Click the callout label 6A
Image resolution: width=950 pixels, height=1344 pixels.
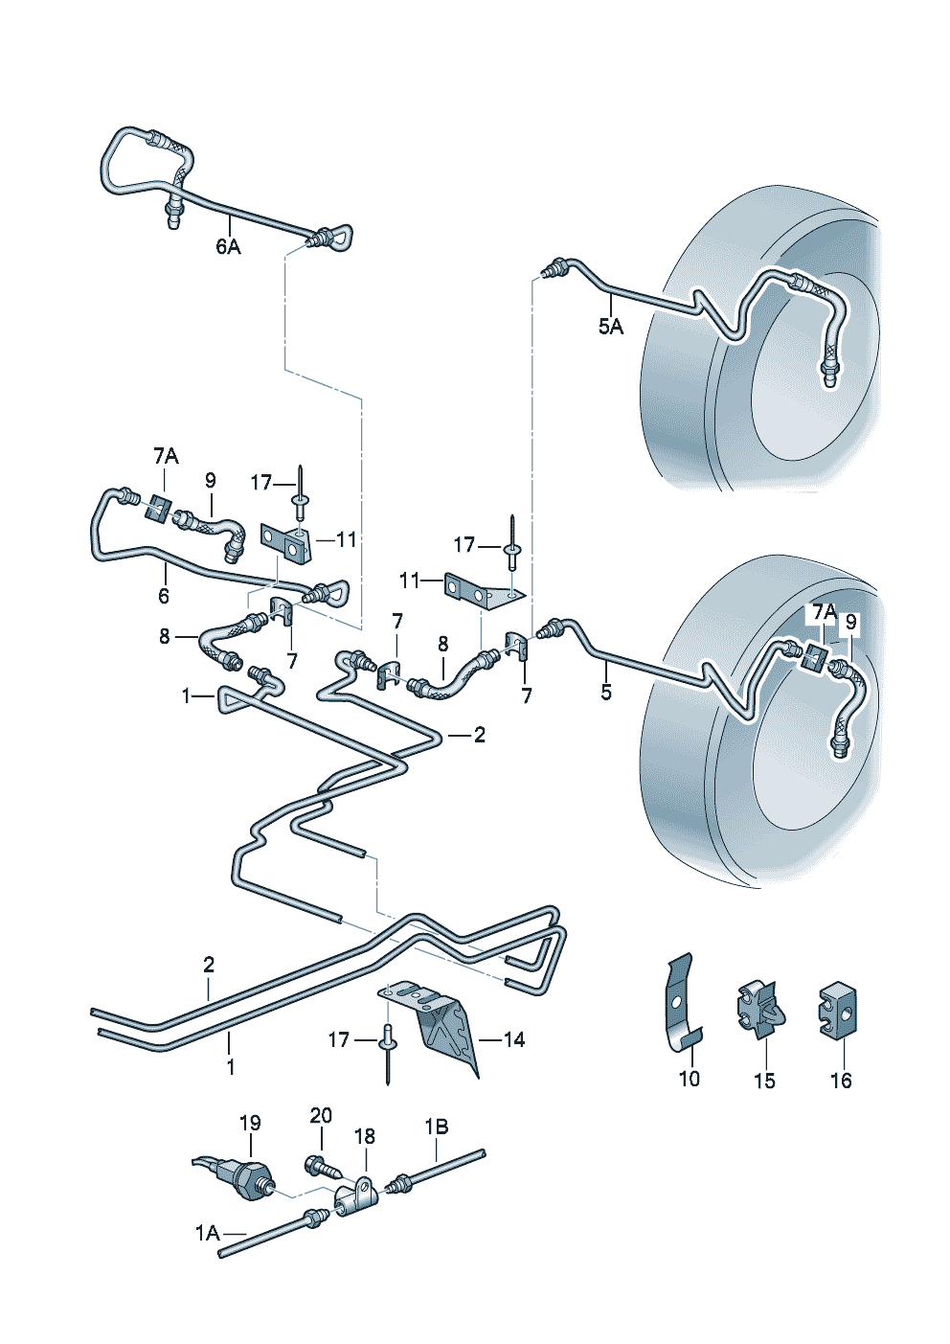point(228,247)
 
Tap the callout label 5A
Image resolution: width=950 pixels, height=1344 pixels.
point(611,328)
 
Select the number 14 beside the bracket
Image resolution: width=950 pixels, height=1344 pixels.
point(514,1039)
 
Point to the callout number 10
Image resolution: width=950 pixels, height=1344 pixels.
point(690,1079)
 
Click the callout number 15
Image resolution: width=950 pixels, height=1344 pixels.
point(764,1081)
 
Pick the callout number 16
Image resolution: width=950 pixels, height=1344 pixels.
point(841,1081)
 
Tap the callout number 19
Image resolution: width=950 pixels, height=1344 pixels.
point(250,1123)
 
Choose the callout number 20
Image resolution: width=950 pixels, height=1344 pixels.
point(321,1116)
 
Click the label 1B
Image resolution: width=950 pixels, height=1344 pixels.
point(437,1127)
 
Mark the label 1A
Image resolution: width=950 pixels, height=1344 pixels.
point(208,1233)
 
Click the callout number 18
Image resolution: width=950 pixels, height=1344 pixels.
point(365,1136)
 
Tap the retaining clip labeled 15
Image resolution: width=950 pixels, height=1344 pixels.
point(759,1010)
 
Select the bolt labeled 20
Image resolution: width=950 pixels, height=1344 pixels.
point(321,1168)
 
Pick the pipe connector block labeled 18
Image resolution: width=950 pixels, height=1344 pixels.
point(355,1194)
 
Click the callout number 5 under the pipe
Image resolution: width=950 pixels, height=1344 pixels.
point(606,692)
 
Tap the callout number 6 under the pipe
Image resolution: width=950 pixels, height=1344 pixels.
point(164,596)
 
